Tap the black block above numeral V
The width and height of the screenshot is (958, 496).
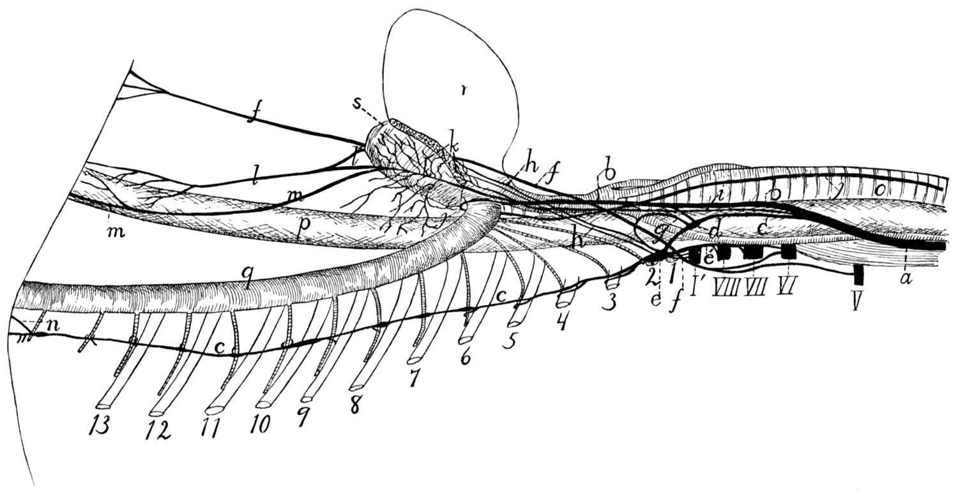[x=859, y=274]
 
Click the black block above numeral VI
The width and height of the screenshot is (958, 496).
[x=789, y=253]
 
